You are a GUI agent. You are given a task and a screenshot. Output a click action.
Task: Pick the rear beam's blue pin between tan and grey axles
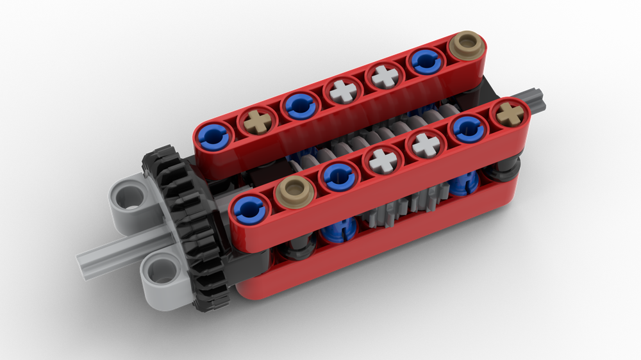pos(298,105)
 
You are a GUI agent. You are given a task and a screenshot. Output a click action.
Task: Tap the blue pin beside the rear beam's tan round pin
pos(426,61)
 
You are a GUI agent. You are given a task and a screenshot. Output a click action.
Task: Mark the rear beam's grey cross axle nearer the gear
pos(342,90)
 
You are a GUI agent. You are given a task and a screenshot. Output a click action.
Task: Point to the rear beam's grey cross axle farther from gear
pos(385,76)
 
